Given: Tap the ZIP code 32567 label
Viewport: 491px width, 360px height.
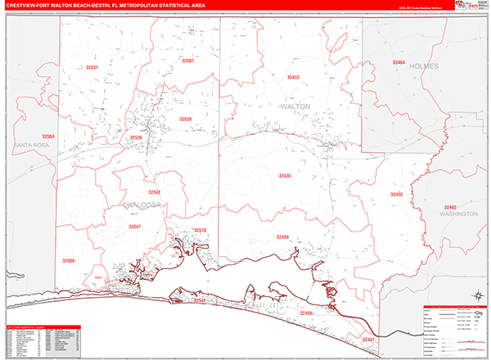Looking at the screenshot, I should point(188,61).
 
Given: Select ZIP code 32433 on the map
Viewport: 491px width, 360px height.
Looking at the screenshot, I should point(293,77).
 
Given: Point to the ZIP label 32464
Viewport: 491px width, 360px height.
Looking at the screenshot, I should point(399,62).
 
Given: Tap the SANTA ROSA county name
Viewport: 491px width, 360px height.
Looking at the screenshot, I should point(31,145).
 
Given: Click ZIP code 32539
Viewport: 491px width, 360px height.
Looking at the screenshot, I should point(137,137).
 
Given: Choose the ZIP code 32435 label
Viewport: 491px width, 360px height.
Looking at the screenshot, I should point(284,176).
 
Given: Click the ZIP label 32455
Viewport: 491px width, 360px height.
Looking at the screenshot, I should point(397,195).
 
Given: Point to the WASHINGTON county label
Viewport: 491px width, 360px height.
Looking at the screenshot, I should point(457,214).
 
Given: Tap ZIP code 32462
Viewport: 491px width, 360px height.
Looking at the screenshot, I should point(451,206).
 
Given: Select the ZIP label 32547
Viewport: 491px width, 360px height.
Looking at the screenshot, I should point(135,226).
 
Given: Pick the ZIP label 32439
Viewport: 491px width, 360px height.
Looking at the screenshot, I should point(283,237).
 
